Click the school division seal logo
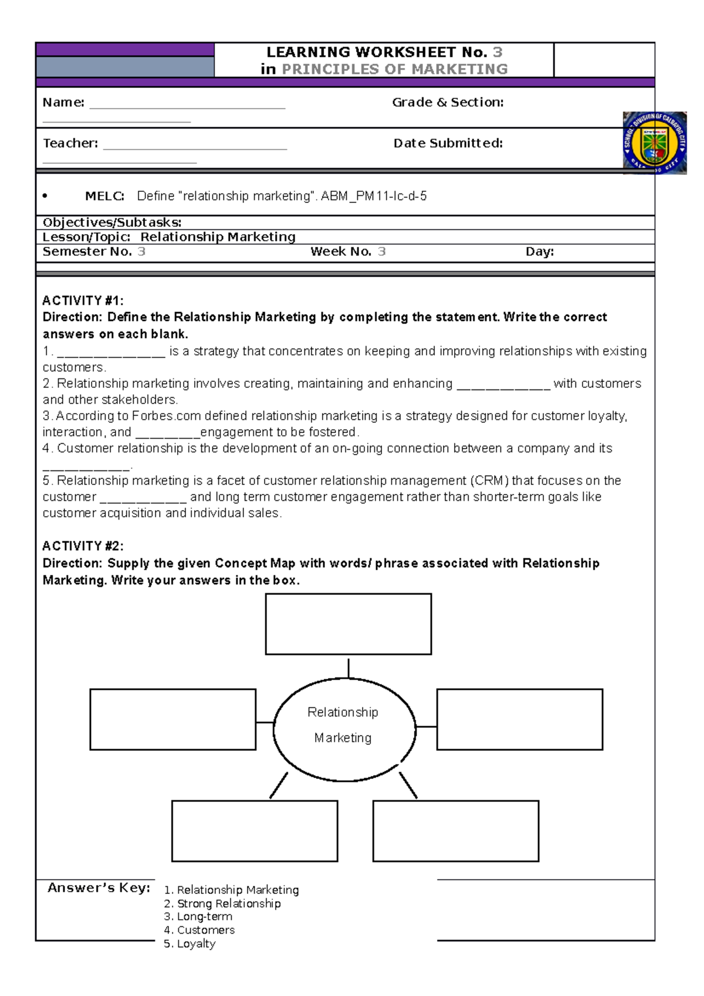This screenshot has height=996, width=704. [x=654, y=143]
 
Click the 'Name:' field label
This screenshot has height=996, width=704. [x=63, y=103]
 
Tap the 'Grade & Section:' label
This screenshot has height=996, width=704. [x=448, y=103]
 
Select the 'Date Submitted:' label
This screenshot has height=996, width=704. [x=448, y=144]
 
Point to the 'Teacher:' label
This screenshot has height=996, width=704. [x=70, y=144]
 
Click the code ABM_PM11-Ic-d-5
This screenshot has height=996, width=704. [x=374, y=197]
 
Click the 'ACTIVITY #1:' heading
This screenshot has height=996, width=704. [x=83, y=301]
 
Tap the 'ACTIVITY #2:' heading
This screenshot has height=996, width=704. [x=83, y=546]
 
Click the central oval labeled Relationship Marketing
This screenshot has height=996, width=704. [x=344, y=729]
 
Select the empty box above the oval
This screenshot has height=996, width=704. [x=348, y=624]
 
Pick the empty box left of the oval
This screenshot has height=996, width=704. [x=172, y=719]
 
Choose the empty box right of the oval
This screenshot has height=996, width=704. [x=519, y=719]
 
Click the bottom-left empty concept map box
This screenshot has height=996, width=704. [x=254, y=831]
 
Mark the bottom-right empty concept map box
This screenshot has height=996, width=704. [x=455, y=831]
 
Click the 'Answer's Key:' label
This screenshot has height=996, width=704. [x=99, y=888]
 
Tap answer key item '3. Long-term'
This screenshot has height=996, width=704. [x=198, y=917]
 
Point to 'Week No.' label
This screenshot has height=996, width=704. [x=340, y=252]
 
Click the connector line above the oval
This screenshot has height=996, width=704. [x=348, y=668]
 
